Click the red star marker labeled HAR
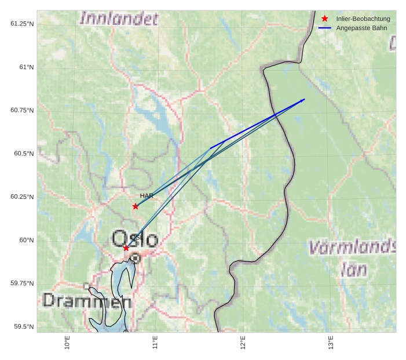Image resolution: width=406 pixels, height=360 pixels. (x=136, y=206)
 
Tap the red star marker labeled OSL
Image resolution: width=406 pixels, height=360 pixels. (x=126, y=248)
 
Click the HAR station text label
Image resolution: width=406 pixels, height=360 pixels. (x=147, y=196)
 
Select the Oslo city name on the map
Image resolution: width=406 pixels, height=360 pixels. (x=134, y=239)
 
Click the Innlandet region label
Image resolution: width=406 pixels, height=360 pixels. (x=119, y=19)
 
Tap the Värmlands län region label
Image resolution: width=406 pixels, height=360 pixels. (x=352, y=258)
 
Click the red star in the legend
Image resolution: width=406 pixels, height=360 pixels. (x=325, y=19)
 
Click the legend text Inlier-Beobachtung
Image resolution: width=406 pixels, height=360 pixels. (x=363, y=19)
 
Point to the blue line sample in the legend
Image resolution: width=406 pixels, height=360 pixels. (x=325, y=28)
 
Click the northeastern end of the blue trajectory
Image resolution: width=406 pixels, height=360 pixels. (x=304, y=100)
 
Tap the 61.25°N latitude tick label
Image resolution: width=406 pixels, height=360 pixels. (x=22, y=23)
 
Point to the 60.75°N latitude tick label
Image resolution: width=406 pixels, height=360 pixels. (x=22, y=110)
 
